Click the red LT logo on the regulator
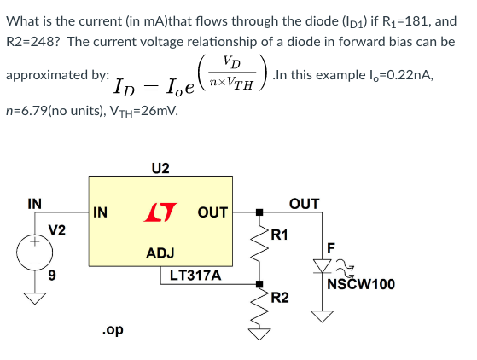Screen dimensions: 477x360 click(x=160, y=212)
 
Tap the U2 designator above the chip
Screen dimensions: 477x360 click(x=160, y=168)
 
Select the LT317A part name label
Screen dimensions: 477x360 click(x=195, y=276)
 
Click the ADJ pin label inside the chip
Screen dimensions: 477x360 click(x=160, y=253)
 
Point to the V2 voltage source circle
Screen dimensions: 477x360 click(x=35, y=253)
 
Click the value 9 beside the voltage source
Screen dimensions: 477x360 click(x=52, y=276)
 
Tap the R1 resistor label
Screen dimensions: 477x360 click(x=279, y=235)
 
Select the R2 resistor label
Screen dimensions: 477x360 click(x=280, y=298)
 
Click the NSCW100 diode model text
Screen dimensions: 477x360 click(x=361, y=284)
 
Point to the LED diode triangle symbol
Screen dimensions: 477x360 click(x=322, y=266)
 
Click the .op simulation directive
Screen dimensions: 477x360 click(x=113, y=330)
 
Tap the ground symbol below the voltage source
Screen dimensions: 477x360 click(x=35, y=298)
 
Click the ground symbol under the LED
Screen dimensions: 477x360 click(x=322, y=316)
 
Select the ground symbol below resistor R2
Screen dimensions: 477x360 click(x=259, y=334)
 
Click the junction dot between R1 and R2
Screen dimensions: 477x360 click(x=259, y=284)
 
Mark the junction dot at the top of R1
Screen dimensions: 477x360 click(x=259, y=212)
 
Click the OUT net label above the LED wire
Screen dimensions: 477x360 click(x=305, y=204)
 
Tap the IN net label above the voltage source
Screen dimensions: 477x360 click(x=35, y=204)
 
